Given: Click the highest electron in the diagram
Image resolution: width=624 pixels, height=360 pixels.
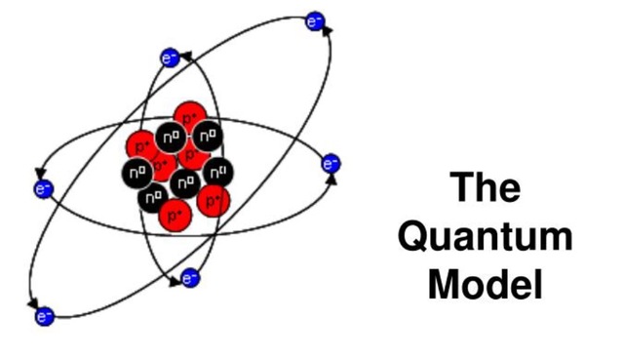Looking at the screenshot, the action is [x=314, y=20].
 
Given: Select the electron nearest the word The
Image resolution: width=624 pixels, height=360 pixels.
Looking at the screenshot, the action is [x=330, y=163].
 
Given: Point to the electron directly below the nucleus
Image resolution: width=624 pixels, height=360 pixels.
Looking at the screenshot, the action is [x=191, y=279].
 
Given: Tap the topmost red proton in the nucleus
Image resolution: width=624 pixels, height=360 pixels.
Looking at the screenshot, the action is [x=187, y=116].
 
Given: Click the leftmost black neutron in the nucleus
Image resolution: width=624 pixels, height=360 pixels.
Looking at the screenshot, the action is [x=136, y=173].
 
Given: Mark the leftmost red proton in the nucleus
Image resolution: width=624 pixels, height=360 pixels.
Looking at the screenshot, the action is [x=141, y=146].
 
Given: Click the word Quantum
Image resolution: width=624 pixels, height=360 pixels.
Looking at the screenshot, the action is [x=486, y=237].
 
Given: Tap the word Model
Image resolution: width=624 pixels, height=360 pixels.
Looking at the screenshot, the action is [x=485, y=284].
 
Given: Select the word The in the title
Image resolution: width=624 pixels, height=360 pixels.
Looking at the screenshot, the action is [x=486, y=187].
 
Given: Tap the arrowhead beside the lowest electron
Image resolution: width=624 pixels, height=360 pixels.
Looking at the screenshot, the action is [x=34, y=303].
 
